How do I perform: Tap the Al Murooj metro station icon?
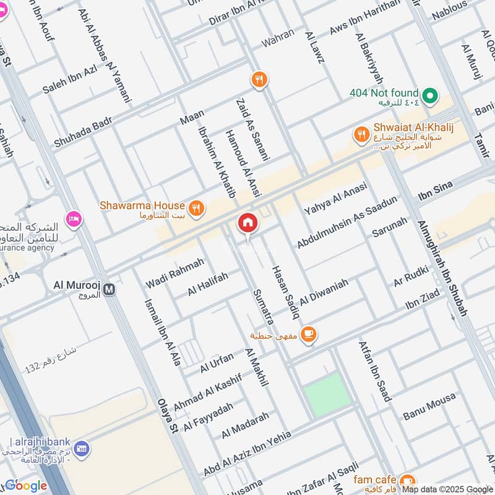[110, 289]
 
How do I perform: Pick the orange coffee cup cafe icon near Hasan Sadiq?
[308, 335]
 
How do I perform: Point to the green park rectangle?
[327, 394]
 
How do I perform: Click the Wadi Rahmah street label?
[174, 273]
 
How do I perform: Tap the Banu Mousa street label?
[429, 406]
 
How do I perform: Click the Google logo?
[26, 485]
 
